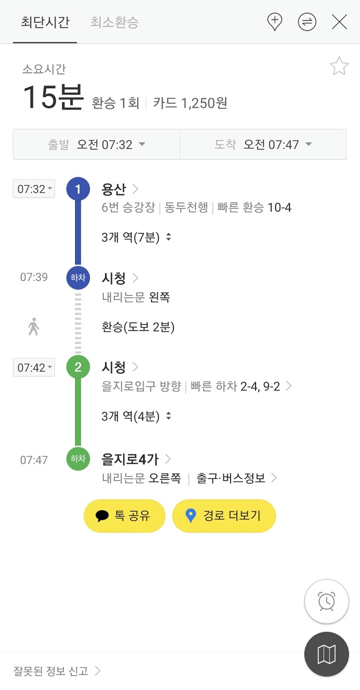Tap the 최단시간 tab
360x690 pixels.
click(x=45, y=22)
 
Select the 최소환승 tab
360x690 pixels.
click(x=114, y=22)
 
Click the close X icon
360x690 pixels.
click(x=339, y=22)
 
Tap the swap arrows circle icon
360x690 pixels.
click(x=307, y=22)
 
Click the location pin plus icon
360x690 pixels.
click(x=274, y=22)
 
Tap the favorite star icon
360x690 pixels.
click(x=339, y=67)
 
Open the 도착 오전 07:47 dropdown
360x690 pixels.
click(x=263, y=144)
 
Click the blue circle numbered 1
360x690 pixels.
click(x=78, y=189)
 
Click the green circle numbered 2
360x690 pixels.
click(x=78, y=367)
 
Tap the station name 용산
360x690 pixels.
click(x=114, y=189)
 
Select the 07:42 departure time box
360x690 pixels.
click(x=34, y=367)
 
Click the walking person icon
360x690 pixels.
click(x=34, y=327)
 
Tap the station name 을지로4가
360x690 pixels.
click(x=131, y=459)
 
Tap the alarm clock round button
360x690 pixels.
click(x=326, y=602)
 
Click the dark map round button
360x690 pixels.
click(x=326, y=654)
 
